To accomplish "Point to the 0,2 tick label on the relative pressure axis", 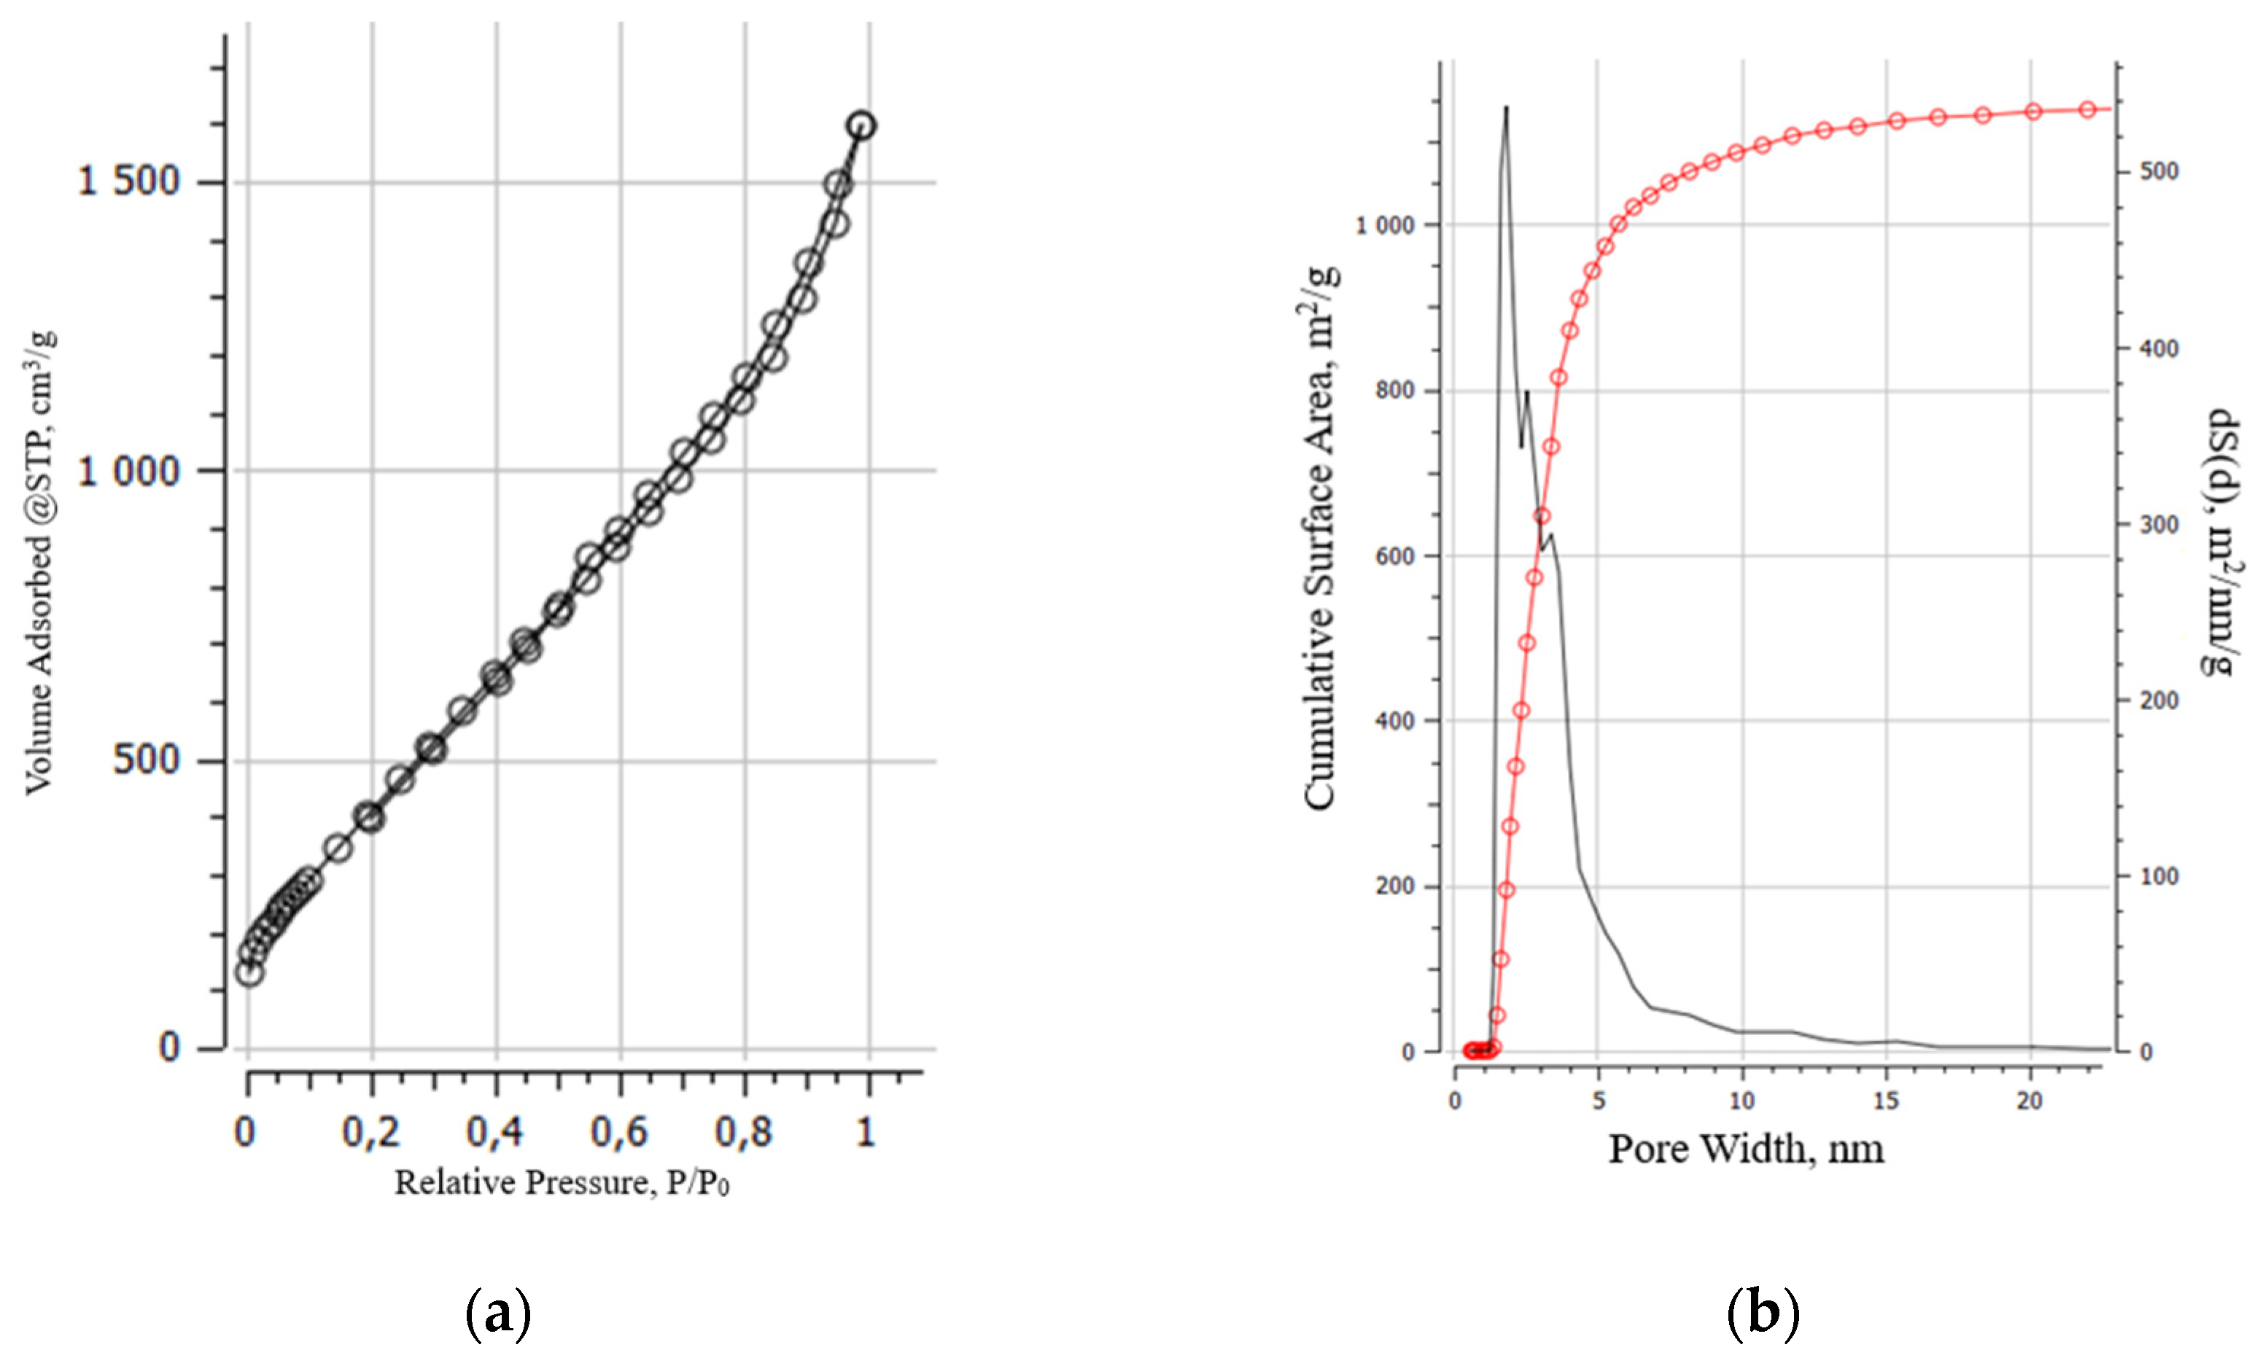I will [x=370, y=1132].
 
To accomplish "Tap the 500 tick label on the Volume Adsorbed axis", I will [x=147, y=760].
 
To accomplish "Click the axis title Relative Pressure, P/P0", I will [x=562, y=1183].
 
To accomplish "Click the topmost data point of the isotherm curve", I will [x=861, y=126].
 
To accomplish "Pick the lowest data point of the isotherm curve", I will [x=249, y=972].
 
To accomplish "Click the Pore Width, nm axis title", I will [x=1747, y=1149].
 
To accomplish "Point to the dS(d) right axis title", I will [x=2219, y=544].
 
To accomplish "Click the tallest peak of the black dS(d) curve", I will [x=1506, y=108].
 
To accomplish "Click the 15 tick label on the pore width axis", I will [x=1887, y=1101].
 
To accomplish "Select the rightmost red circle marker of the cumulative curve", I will [x=2088, y=110].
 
